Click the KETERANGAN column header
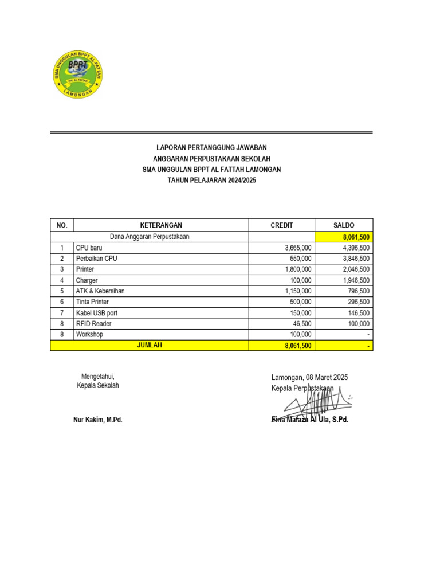click(161, 225)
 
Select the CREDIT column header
click(281, 225)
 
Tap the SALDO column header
click(344, 225)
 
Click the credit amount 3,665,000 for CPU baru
click(298, 248)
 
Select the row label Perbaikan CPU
click(96, 259)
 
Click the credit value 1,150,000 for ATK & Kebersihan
click(298, 291)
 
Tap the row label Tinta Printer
click(92, 302)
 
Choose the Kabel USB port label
click(96, 313)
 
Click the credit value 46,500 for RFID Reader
click(301, 324)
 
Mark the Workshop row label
click(89, 334)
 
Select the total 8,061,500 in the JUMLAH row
click(298, 346)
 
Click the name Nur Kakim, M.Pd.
click(98, 420)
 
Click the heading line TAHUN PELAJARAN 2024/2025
click(211, 181)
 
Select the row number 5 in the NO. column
click(61, 291)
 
